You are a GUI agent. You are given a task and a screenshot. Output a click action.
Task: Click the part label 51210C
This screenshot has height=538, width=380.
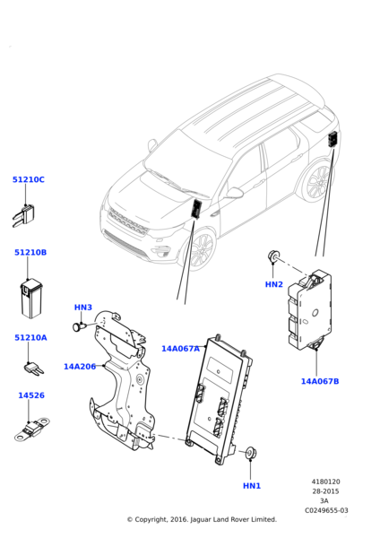pos(29,179)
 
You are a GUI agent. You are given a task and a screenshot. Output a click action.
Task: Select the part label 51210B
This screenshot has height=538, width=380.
pos(30,252)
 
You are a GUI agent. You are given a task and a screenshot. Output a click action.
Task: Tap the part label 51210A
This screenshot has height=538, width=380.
pos(30,338)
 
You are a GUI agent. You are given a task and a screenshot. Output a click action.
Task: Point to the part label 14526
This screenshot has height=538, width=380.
pos(31,395)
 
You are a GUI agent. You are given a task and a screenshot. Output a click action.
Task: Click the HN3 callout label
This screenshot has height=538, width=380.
pos(83,307)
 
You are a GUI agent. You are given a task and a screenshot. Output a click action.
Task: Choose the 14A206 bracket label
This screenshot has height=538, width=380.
pos(80,367)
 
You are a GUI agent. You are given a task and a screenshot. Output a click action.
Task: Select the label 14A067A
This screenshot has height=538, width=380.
pos(180,349)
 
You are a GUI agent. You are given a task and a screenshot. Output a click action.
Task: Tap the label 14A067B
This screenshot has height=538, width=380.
pos(320,381)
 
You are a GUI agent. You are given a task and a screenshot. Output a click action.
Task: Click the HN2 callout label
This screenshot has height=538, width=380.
pos(274,284)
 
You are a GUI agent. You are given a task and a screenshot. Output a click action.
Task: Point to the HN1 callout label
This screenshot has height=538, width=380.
pos(252,486)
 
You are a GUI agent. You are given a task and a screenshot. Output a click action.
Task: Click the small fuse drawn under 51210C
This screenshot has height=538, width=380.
pos(23,215)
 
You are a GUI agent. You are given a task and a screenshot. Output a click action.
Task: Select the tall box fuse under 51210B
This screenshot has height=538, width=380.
pos(31,299)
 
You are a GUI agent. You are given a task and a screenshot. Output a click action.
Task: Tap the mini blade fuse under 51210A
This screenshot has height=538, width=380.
pos(34,369)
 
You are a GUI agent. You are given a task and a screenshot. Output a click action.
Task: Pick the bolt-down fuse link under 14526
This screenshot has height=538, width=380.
pos(31,429)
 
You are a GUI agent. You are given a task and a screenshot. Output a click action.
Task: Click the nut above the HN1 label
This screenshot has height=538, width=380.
pos(251,453)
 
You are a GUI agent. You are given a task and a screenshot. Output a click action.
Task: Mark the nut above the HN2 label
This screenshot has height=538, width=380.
pos(273,256)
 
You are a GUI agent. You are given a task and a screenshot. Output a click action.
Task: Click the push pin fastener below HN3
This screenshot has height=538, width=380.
pos(79,326)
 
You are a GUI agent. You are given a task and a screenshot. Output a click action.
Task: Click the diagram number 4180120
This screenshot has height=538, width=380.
pos(325,482)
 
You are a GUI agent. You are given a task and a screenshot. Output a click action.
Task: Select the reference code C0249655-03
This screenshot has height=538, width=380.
pos(326,510)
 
